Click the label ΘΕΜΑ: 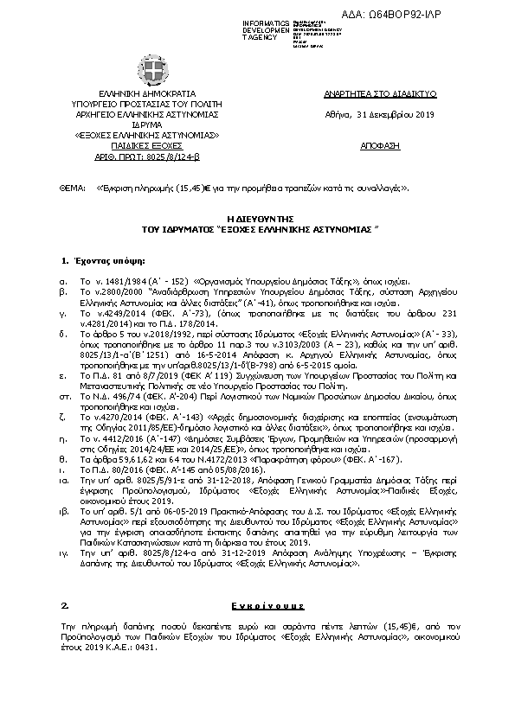click(72, 187)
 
